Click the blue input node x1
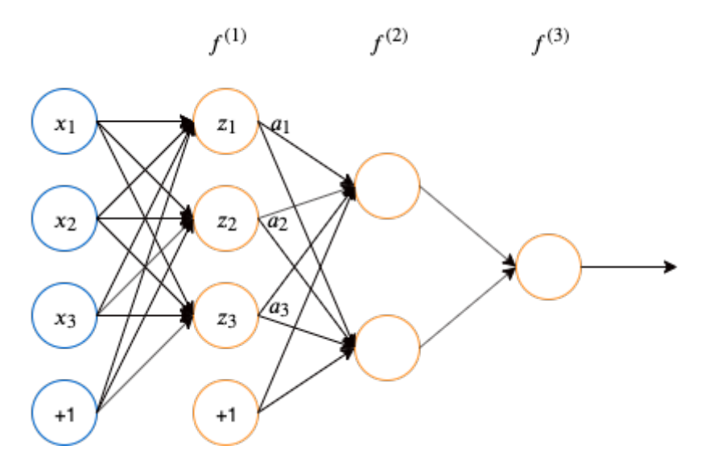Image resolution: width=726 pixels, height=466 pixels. pyautogui.click(x=64, y=122)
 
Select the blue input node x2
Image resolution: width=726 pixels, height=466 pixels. pyautogui.click(x=64, y=218)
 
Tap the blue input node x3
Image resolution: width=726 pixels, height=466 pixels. pyautogui.click(x=64, y=315)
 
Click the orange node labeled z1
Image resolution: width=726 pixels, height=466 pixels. pyautogui.click(x=225, y=122)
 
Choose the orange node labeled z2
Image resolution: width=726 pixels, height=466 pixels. pyautogui.click(x=225, y=218)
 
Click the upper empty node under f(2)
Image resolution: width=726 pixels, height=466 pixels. pyautogui.click(x=386, y=186)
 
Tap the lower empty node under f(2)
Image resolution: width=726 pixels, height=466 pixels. pyautogui.click(x=386, y=347)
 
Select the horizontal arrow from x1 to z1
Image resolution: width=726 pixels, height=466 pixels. pyautogui.click(x=145, y=123)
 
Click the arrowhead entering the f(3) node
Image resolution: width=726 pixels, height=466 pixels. pyautogui.click(x=510, y=265)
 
